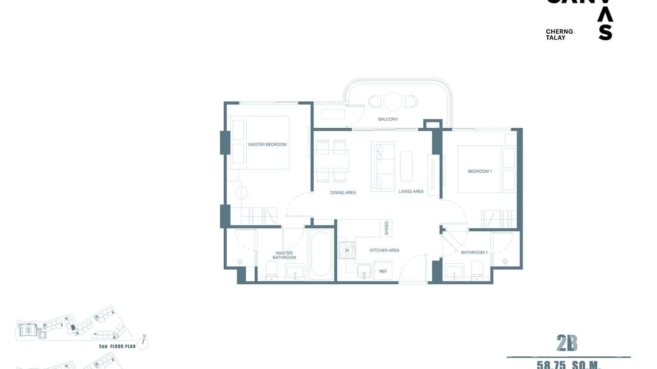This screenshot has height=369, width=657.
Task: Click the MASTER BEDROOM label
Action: pyautogui.click(x=267, y=144)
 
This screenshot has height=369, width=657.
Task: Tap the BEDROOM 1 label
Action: pyautogui.click(x=479, y=171)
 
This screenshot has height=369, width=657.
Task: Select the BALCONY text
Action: pyautogui.click(x=388, y=119)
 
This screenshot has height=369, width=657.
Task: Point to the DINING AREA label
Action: pyautogui.click(x=343, y=193)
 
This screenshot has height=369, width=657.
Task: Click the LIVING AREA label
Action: pyautogui.click(x=411, y=191)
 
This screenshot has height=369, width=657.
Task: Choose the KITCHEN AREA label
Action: pyautogui.click(x=384, y=251)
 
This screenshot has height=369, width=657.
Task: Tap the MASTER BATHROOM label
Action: pyautogui.click(x=284, y=255)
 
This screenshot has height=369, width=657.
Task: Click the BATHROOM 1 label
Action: pyautogui.click(x=474, y=253)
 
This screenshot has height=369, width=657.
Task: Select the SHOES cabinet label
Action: pyautogui.click(x=386, y=228)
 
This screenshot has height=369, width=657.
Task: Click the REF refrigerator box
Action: pyautogui.click(x=383, y=271)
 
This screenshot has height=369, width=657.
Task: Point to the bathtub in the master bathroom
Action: pyautogui.click(x=321, y=254)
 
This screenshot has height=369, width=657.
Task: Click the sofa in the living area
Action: pyautogui.click(x=383, y=166)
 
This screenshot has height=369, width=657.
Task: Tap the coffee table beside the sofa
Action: pyautogui.click(x=406, y=166)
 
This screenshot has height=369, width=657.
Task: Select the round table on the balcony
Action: pyautogui.click(x=393, y=101)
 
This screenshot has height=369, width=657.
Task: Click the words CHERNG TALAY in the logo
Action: pyautogui.click(x=559, y=34)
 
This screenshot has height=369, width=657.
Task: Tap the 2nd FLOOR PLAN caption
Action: pyautogui.click(x=116, y=346)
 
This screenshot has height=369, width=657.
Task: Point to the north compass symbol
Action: pyautogui.click(x=143, y=343)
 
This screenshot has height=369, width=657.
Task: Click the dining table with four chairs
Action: pyautogui.click(x=331, y=161)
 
